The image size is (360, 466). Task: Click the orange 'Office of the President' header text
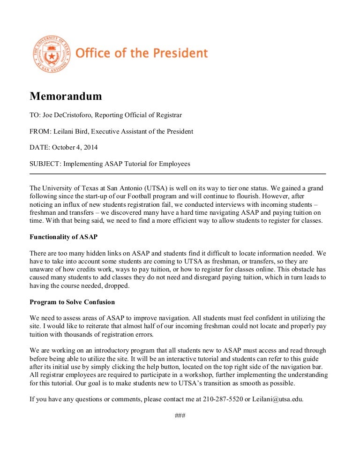[141, 53]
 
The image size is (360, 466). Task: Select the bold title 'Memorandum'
[66, 97]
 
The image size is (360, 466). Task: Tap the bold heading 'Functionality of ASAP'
[63, 236]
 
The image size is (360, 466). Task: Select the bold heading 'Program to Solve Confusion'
[72, 301]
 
